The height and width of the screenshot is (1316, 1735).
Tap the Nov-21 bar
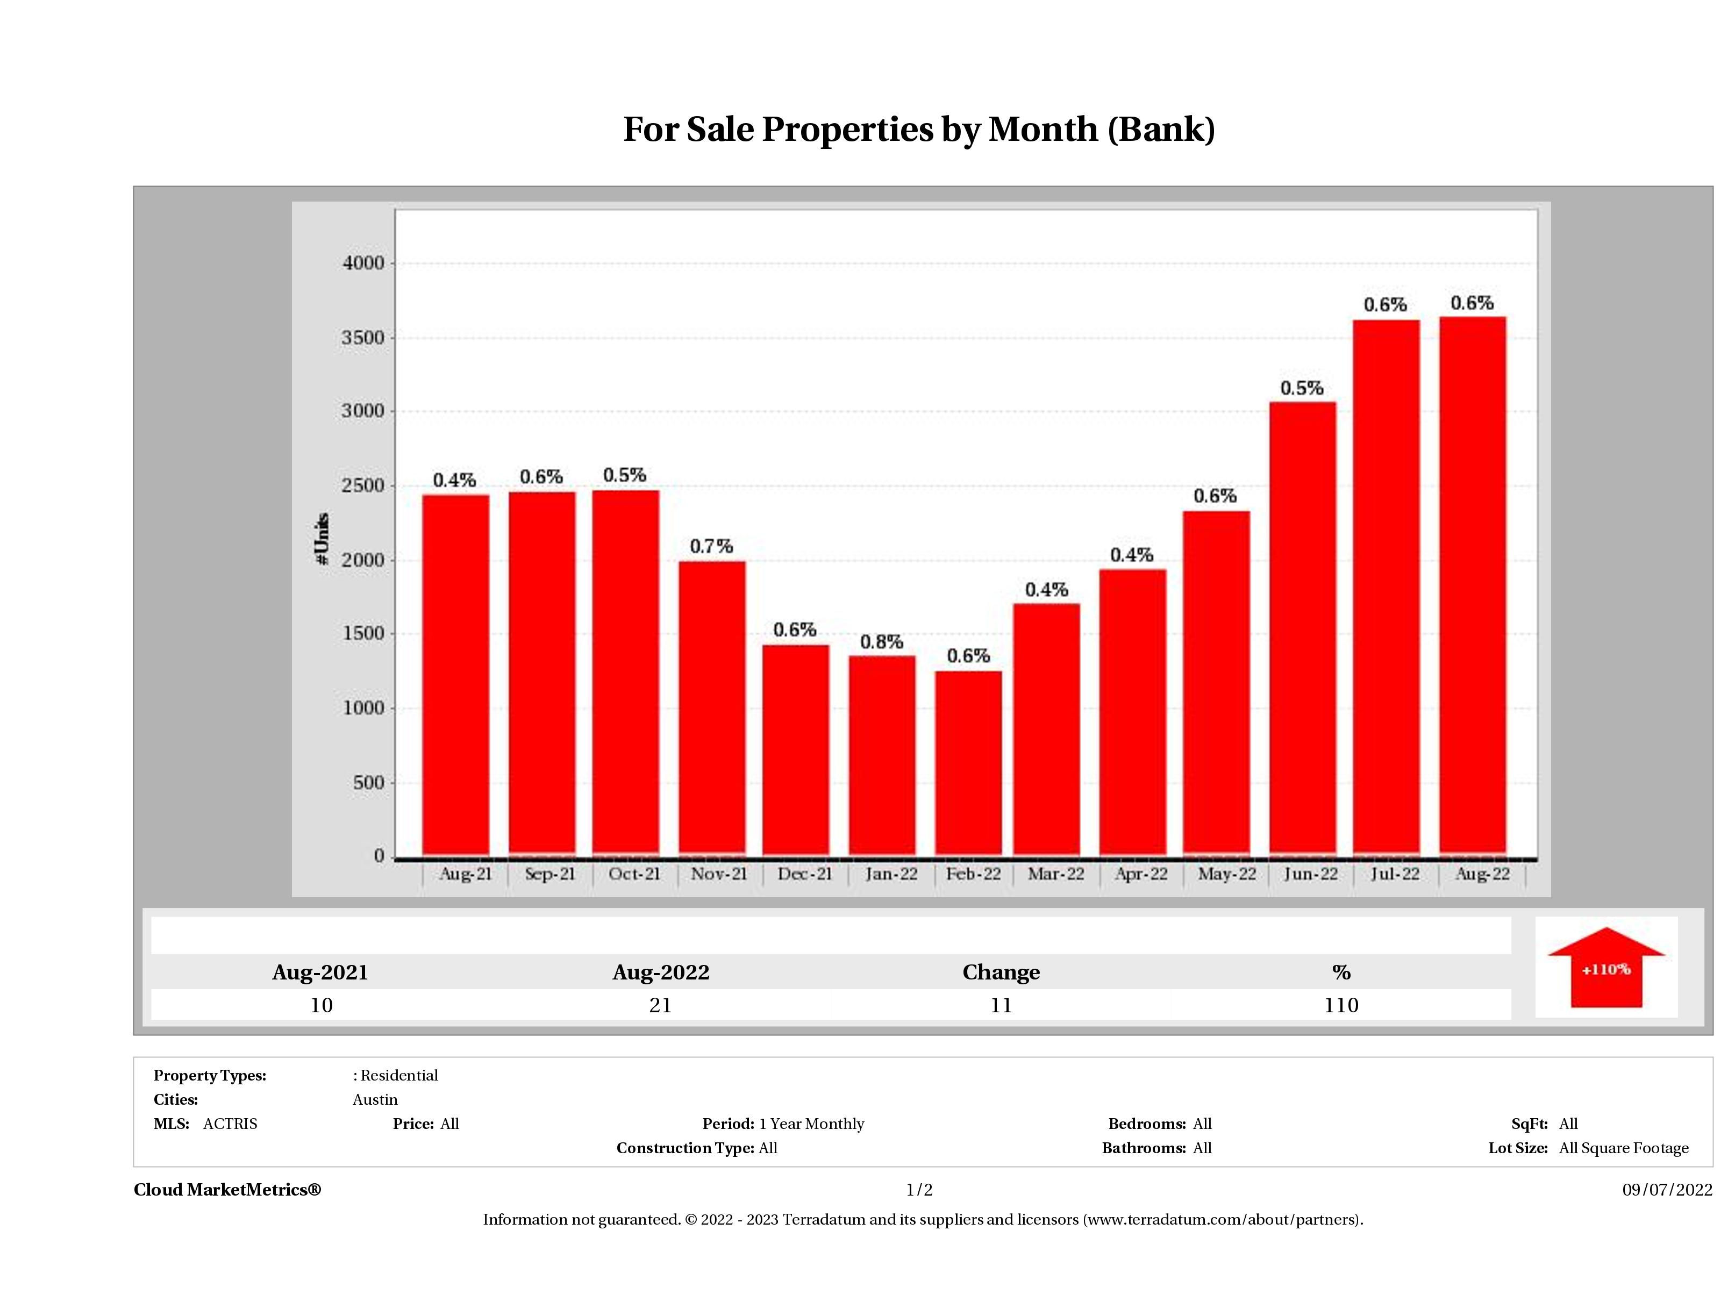tap(712, 707)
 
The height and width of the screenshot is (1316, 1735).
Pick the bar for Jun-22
tap(1302, 627)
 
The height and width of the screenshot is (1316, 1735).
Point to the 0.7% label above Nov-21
tap(711, 546)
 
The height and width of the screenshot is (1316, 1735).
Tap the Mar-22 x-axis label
tap(1056, 874)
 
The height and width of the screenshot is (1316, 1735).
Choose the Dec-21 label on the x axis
tap(805, 874)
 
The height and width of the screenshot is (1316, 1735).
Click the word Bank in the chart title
tap(1161, 130)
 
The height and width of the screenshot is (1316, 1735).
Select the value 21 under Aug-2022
tap(660, 1005)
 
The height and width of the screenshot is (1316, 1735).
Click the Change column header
tap(1001, 972)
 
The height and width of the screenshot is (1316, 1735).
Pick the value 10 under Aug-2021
tap(321, 1005)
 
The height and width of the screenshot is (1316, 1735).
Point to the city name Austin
tap(375, 1099)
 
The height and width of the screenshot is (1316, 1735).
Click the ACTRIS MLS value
tap(230, 1124)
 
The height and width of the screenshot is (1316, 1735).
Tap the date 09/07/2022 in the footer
tap(1667, 1190)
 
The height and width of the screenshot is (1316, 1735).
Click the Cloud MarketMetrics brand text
tap(227, 1190)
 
